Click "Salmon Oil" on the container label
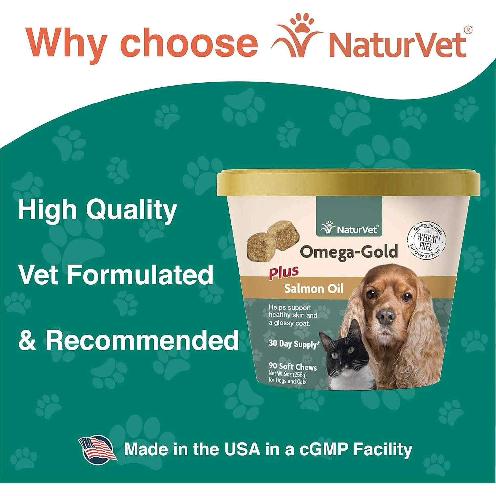point(314,289)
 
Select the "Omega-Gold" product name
point(349,252)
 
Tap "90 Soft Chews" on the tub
point(293,367)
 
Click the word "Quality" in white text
point(131,211)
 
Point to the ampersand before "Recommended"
point(27,340)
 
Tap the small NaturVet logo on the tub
point(349,229)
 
